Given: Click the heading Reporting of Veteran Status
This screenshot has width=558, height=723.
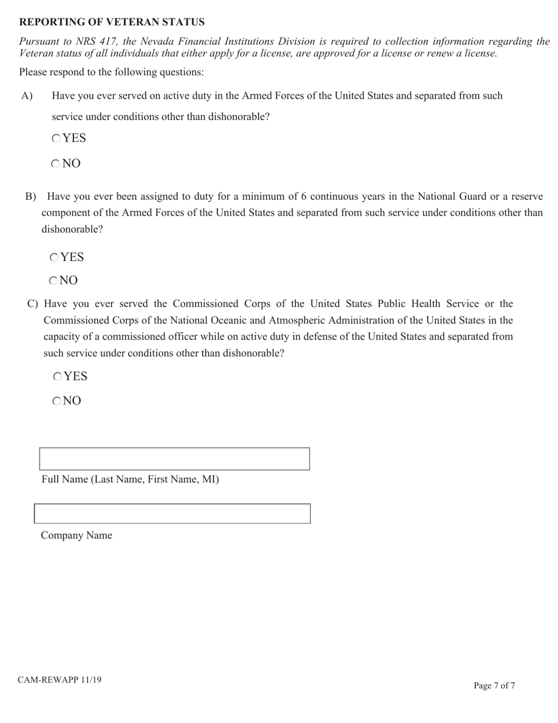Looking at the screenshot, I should click(112, 22).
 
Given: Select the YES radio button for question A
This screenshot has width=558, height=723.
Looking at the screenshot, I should click(56, 139).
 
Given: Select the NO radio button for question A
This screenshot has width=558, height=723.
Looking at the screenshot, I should click(55, 164).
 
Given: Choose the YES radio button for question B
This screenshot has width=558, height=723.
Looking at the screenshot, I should click(54, 257).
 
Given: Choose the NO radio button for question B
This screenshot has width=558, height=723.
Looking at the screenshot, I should click(53, 281).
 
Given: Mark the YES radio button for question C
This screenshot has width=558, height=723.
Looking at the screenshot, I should click(58, 377).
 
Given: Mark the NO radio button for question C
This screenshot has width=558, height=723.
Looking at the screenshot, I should click(57, 401).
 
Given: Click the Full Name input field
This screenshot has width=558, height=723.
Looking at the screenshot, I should click(174, 459).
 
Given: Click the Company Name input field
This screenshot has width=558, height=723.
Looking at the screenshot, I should click(172, 514).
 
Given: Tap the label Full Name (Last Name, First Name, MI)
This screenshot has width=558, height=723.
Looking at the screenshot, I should click(130, 480).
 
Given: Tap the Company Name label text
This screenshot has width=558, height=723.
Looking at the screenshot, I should click(76, 535).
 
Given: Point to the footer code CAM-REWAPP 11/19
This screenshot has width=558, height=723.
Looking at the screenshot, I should click(59, 680).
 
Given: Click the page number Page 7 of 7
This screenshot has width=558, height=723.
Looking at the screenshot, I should click(494, 685).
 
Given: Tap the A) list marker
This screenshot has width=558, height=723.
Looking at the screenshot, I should click(27, 96).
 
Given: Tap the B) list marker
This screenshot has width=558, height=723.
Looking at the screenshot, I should click(31, 196).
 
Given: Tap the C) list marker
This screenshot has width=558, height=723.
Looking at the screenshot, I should click(33, 304).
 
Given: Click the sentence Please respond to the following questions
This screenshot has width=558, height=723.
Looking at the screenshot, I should click(112, 72).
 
